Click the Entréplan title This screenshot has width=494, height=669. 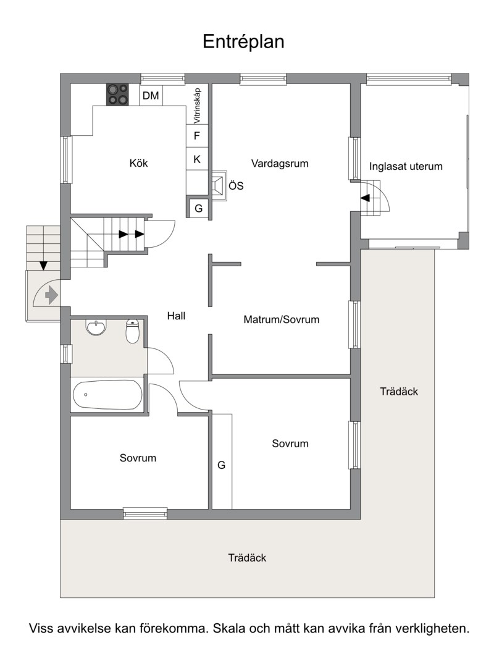click(x=243, y=42)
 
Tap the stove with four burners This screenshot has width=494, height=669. click(x=118, y=95)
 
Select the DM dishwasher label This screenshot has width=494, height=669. click(x=151, y=96)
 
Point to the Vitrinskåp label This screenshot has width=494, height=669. click(x=197, y=106)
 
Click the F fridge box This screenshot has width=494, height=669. click(x=197, y=136)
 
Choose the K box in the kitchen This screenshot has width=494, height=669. click(x=197, y=159)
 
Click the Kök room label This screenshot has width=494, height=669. click(x=139, y=163)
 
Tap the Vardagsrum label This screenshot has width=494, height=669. click(x=280, y=164)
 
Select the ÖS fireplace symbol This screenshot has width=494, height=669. click(x=218, y=186)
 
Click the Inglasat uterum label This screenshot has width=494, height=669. click(x=406, y=166)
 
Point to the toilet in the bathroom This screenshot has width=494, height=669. click(x=133, y=331)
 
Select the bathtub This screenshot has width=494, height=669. click(x=107, y=395)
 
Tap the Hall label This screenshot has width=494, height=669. click(x=176, y=316)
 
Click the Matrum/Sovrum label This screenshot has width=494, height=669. click(x=282, y=319)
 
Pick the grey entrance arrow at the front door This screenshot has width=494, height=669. click(x=51, y=295)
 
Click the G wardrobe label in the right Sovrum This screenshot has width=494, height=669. click(x=222, y=465)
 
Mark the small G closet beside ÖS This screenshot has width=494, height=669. click(x=198, y=209)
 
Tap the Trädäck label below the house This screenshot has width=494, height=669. click(x=247, y=558)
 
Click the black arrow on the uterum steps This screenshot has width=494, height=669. click(x=365, y=198)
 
